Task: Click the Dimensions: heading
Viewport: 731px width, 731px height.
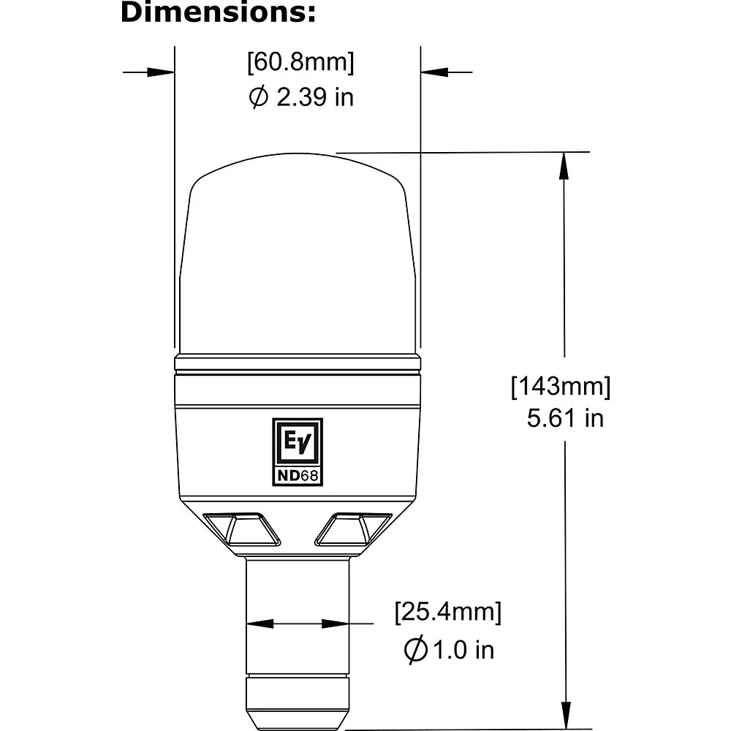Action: click(x=218, y=12)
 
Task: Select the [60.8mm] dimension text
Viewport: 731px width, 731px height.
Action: click(x=300, y=62)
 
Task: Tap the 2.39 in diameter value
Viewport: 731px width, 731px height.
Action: click(x=315, y=97)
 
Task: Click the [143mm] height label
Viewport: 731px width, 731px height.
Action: click(x=561, y=387)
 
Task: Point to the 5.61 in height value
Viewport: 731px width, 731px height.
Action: click(x=565, y=417)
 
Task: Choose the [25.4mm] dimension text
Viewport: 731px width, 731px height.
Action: click(x=448, y=612)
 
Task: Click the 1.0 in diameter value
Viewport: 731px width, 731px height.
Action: click(x=463, y=650)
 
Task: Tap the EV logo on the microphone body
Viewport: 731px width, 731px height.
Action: click(x=298, y=442)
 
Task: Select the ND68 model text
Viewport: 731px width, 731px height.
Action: click(x=298, y=476)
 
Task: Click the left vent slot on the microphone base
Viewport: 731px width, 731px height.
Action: click(x=241, y=529)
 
